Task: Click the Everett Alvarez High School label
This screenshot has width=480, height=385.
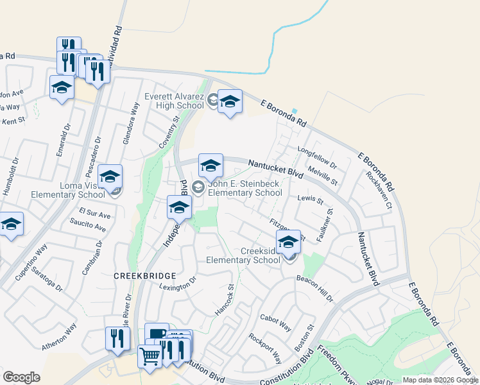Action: [174, 101]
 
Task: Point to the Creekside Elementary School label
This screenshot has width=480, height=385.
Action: [243, 256]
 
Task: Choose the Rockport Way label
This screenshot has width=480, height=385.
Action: [265, 347]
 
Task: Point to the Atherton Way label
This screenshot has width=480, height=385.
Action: [59, 336]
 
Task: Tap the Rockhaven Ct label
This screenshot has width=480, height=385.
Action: [378, 189]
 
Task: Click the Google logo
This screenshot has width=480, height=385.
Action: [21, 377]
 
